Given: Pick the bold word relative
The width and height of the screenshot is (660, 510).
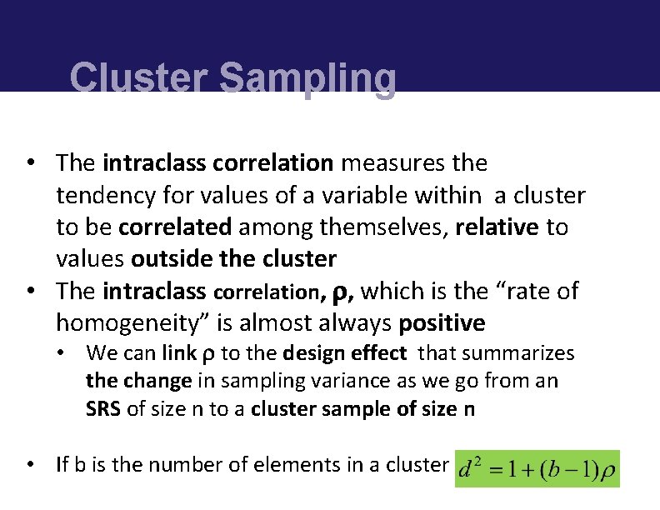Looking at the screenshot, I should point(497,227).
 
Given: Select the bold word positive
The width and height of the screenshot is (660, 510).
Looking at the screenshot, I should point(442,322).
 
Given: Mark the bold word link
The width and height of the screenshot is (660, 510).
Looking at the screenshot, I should point(179,353).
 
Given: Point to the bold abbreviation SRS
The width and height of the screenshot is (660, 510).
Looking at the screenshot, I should point(103,409).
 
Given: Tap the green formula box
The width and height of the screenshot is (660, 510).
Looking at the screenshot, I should point(537,469).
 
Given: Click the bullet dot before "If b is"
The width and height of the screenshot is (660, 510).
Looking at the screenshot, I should point(30,464).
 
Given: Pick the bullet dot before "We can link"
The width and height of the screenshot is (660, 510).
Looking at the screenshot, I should point(62,353).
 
